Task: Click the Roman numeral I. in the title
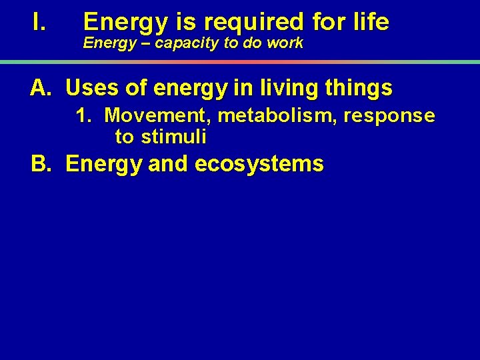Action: [x=38, y=23]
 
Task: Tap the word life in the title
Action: [x=369, y=23]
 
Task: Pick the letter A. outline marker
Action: [x=41, y=87]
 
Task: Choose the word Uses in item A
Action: [x=92, y=87]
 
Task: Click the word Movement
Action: [x=158, y=117]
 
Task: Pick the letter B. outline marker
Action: [x=42, y=164]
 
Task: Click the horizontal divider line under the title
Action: [x=240, y=62]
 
